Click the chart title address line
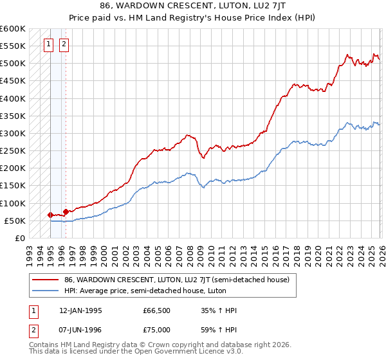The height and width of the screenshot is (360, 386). point(193,5)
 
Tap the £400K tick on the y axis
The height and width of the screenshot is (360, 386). point(13,98)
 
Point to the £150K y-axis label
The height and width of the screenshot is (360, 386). point(13,186)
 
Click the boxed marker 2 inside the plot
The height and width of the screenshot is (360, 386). point(64,44)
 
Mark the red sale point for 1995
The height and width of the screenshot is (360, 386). point(50,215)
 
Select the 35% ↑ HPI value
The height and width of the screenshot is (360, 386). point(219,310)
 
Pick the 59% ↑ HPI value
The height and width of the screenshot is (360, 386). point(219,329)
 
